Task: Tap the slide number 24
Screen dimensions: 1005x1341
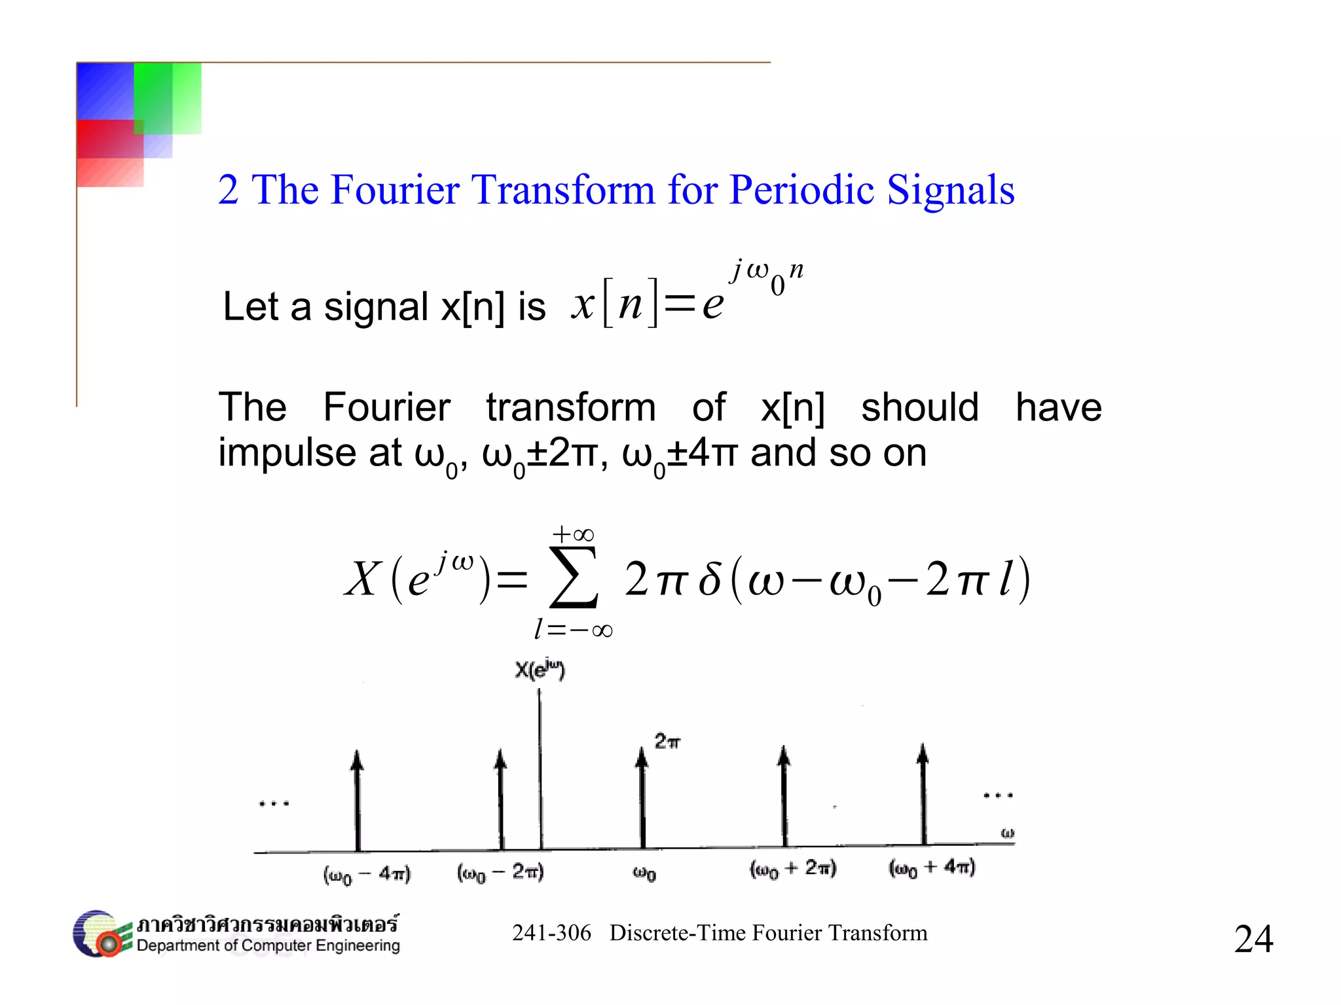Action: [1253, 938]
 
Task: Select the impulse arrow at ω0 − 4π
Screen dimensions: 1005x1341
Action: [358, 801]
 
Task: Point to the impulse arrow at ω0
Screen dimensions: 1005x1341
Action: [642, 799]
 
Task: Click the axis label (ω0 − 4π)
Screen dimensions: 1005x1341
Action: [367, 874]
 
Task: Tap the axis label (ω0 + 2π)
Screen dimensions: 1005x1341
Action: [793, 869]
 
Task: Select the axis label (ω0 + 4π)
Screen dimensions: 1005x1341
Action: [932, 868]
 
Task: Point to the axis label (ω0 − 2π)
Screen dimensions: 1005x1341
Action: [500, 872]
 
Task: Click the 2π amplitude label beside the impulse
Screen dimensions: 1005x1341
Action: [667, 741]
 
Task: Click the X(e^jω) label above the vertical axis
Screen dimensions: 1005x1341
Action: [540, 670]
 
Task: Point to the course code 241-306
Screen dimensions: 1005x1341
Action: [551, 933]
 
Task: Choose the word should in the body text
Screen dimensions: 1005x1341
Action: [919, 407]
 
